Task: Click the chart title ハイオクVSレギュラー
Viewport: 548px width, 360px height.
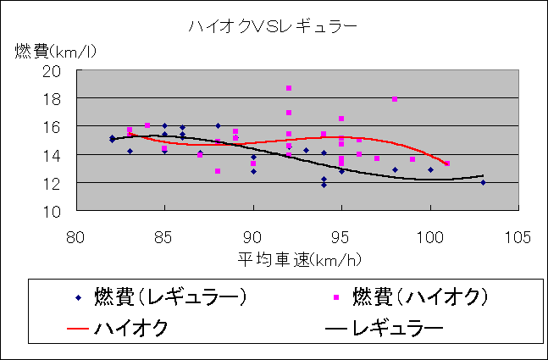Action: [x=273, y=27]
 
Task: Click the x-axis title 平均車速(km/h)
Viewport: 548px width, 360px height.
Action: [x=296, y=258]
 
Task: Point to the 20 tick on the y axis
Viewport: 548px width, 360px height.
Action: [x=62, y=71]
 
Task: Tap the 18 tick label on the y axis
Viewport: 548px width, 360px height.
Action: [x=62, y=99]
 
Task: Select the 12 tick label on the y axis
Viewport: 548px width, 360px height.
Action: [x=62, y=183]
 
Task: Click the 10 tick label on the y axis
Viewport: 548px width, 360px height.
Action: [x=62, y=211]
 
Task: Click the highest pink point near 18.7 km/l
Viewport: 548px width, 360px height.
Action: [x=289, y=88]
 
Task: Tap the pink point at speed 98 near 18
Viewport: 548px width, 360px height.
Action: [x=395, y=99]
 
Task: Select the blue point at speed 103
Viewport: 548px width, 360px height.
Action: [x=483, y=182]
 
